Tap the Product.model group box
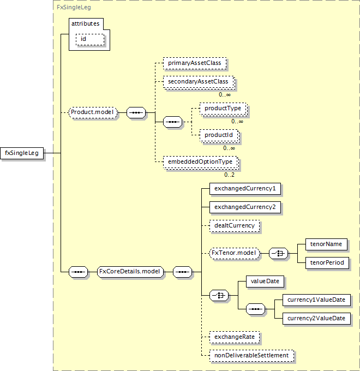[x=93, y=112]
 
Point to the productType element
[x=223, y=109]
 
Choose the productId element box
[x=219, y=135]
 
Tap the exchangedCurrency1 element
[x=245, y=189]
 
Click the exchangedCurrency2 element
[x=245, y=207]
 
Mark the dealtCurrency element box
[x=235, y=225]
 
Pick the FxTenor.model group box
[x=235, y=253]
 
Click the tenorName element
[x=326, y=244]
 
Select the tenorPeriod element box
[x=327, y=262]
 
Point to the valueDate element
[x=265, y=282]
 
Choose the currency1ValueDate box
[x=317, y=300]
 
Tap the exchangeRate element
[x=235, y=337]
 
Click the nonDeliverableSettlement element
[x=252, y=356]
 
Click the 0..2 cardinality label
[x=230, y=175]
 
